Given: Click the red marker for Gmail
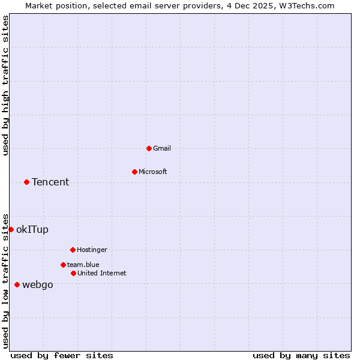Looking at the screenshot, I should (149, 148).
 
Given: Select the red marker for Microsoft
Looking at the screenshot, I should (134, 172).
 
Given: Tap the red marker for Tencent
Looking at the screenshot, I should (26, 182).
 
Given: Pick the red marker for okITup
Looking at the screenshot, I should (11, 229).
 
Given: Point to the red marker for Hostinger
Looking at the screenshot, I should (73, 250).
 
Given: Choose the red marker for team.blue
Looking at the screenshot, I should (63, 265).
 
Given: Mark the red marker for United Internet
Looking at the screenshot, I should (73, 273).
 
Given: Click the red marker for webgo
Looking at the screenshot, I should (17, 284).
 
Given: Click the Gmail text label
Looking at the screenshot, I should (162, 148).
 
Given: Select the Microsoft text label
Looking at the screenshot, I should (153, 172).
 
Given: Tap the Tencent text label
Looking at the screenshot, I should (50, 182).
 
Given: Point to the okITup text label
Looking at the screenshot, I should (32, 229).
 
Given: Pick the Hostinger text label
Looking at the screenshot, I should (92, 250).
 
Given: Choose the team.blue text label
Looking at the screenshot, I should (83, 265).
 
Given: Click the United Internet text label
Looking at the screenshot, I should (102, 273).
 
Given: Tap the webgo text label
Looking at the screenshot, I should (38, 284).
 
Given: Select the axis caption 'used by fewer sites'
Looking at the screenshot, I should (62, 355).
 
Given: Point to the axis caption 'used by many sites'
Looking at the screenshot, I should (301, 355).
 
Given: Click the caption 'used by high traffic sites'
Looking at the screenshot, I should (5, 85).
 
